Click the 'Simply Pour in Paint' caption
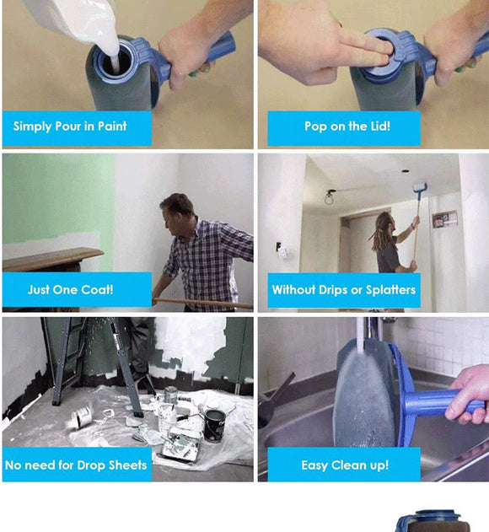(70, 126)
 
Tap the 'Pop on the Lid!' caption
(347, 126)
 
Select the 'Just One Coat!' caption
(70, 289)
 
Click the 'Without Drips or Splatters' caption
(343, 289)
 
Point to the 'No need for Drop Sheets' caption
(76, 465)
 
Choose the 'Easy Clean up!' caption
(345, 465)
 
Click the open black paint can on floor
(214, 423)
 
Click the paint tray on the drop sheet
(181, 443)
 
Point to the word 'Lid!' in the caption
(376, 126)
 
